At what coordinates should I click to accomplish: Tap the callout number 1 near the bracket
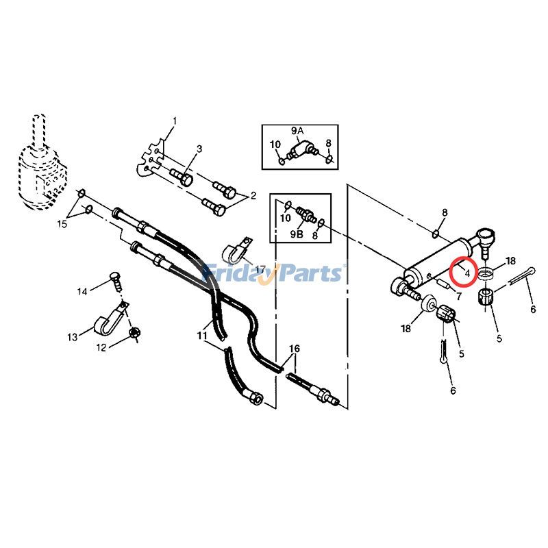(175, 121)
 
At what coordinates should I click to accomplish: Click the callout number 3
(199, 149)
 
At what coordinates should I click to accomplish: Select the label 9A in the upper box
(297, 131)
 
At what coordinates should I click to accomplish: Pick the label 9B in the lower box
(297, 234)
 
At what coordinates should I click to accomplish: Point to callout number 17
(260, 269)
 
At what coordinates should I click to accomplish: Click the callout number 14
(82, 291)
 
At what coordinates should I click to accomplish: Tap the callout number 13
(73, 337)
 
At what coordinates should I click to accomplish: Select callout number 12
(101, 348)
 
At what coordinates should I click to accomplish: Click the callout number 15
(62, 224)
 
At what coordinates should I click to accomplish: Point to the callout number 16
(295, 349)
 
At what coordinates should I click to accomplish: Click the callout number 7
(458, 296)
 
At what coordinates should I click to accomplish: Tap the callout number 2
(253, 195)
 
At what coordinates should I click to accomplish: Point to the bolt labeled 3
(182, 177)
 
